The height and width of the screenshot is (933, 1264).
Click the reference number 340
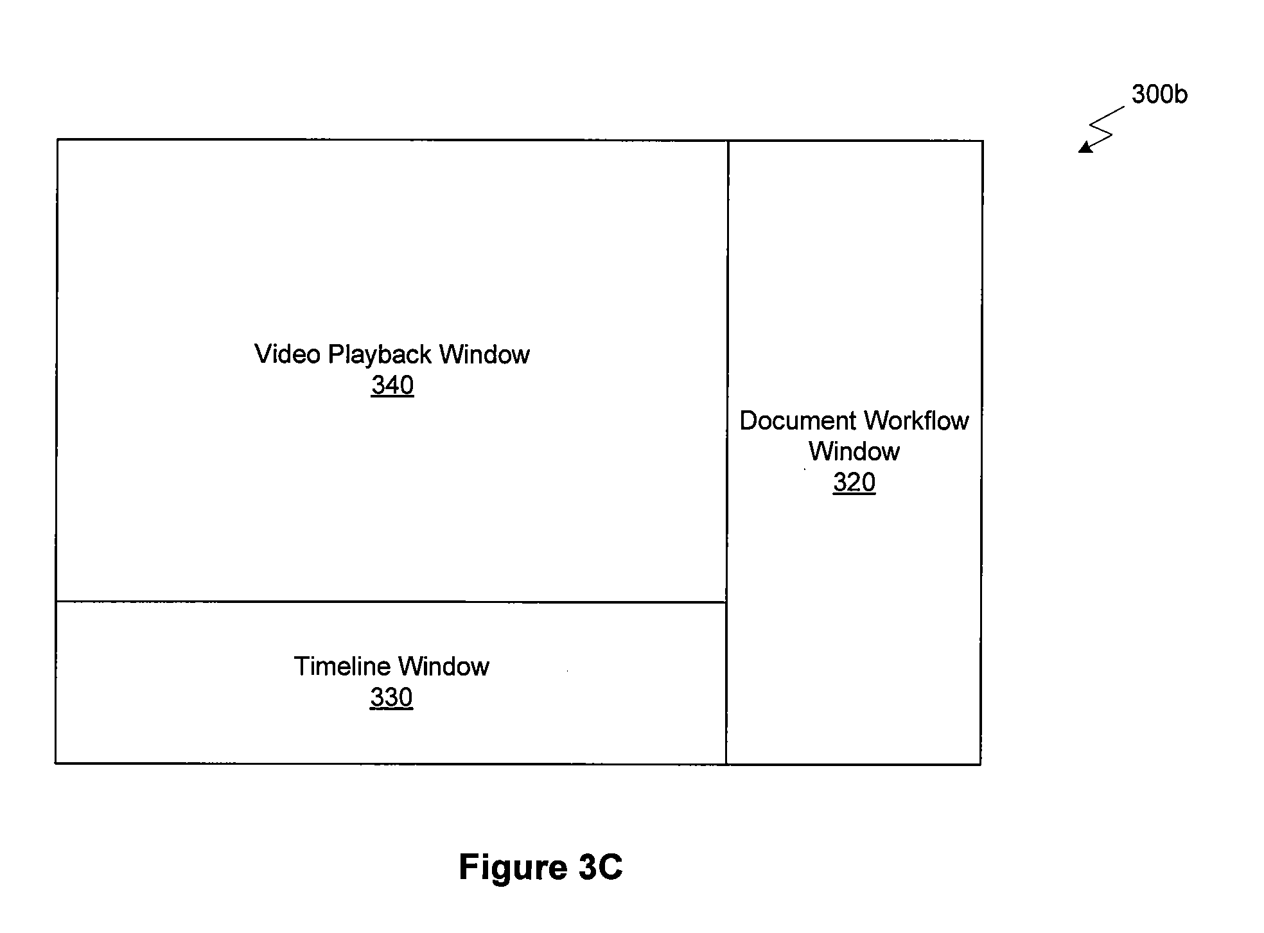392,385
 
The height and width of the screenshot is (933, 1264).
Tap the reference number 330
391,697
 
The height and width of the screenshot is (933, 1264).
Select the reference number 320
854,482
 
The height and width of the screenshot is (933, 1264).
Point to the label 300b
1159,94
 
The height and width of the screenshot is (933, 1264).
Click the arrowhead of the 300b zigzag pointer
1084,148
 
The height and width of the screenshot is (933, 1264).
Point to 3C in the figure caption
601,868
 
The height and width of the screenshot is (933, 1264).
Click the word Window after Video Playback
485,354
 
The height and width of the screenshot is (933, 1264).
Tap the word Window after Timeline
444,667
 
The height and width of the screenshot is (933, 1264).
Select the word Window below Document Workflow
854,451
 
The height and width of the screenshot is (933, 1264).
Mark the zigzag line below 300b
1102,129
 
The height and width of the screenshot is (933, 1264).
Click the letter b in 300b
1181,94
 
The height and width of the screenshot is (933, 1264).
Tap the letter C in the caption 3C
611,868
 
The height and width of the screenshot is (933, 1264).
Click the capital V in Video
263,354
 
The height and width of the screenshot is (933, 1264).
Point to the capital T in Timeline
303,667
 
